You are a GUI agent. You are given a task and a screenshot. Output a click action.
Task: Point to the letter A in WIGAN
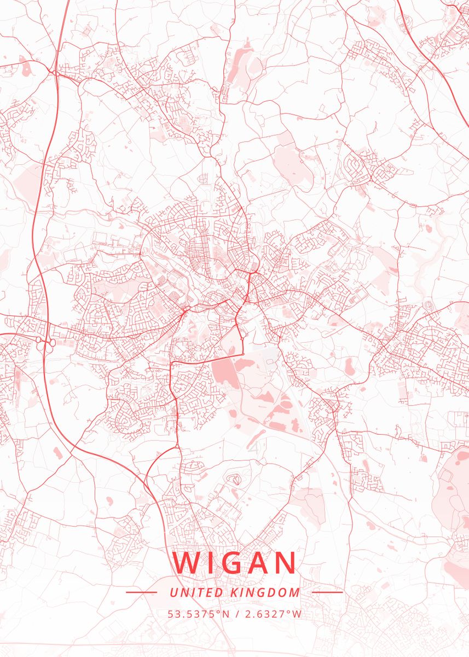click(x=259, y=563)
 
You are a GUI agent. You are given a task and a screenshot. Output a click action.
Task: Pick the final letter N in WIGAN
click(x=285, y=563)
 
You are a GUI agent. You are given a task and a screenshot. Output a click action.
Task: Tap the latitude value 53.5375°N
click(x=199, y=614)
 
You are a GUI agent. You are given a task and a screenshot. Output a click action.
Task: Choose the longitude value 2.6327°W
click(x=272, y=614)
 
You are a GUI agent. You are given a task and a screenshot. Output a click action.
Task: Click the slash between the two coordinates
click(x=236, y=614)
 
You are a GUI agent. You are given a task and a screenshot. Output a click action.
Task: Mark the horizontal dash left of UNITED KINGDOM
click(x=141, y=592)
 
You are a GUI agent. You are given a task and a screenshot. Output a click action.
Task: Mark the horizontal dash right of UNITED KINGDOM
click(x=327, y=592)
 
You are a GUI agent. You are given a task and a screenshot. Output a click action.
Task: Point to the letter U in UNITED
click(x=173, y=592)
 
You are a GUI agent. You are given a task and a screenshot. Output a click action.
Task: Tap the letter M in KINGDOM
click(x=295, y=592)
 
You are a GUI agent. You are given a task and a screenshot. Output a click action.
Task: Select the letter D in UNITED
click(x=218, y=592)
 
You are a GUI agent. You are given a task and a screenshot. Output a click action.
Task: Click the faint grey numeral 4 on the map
click(x=253, y=448)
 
